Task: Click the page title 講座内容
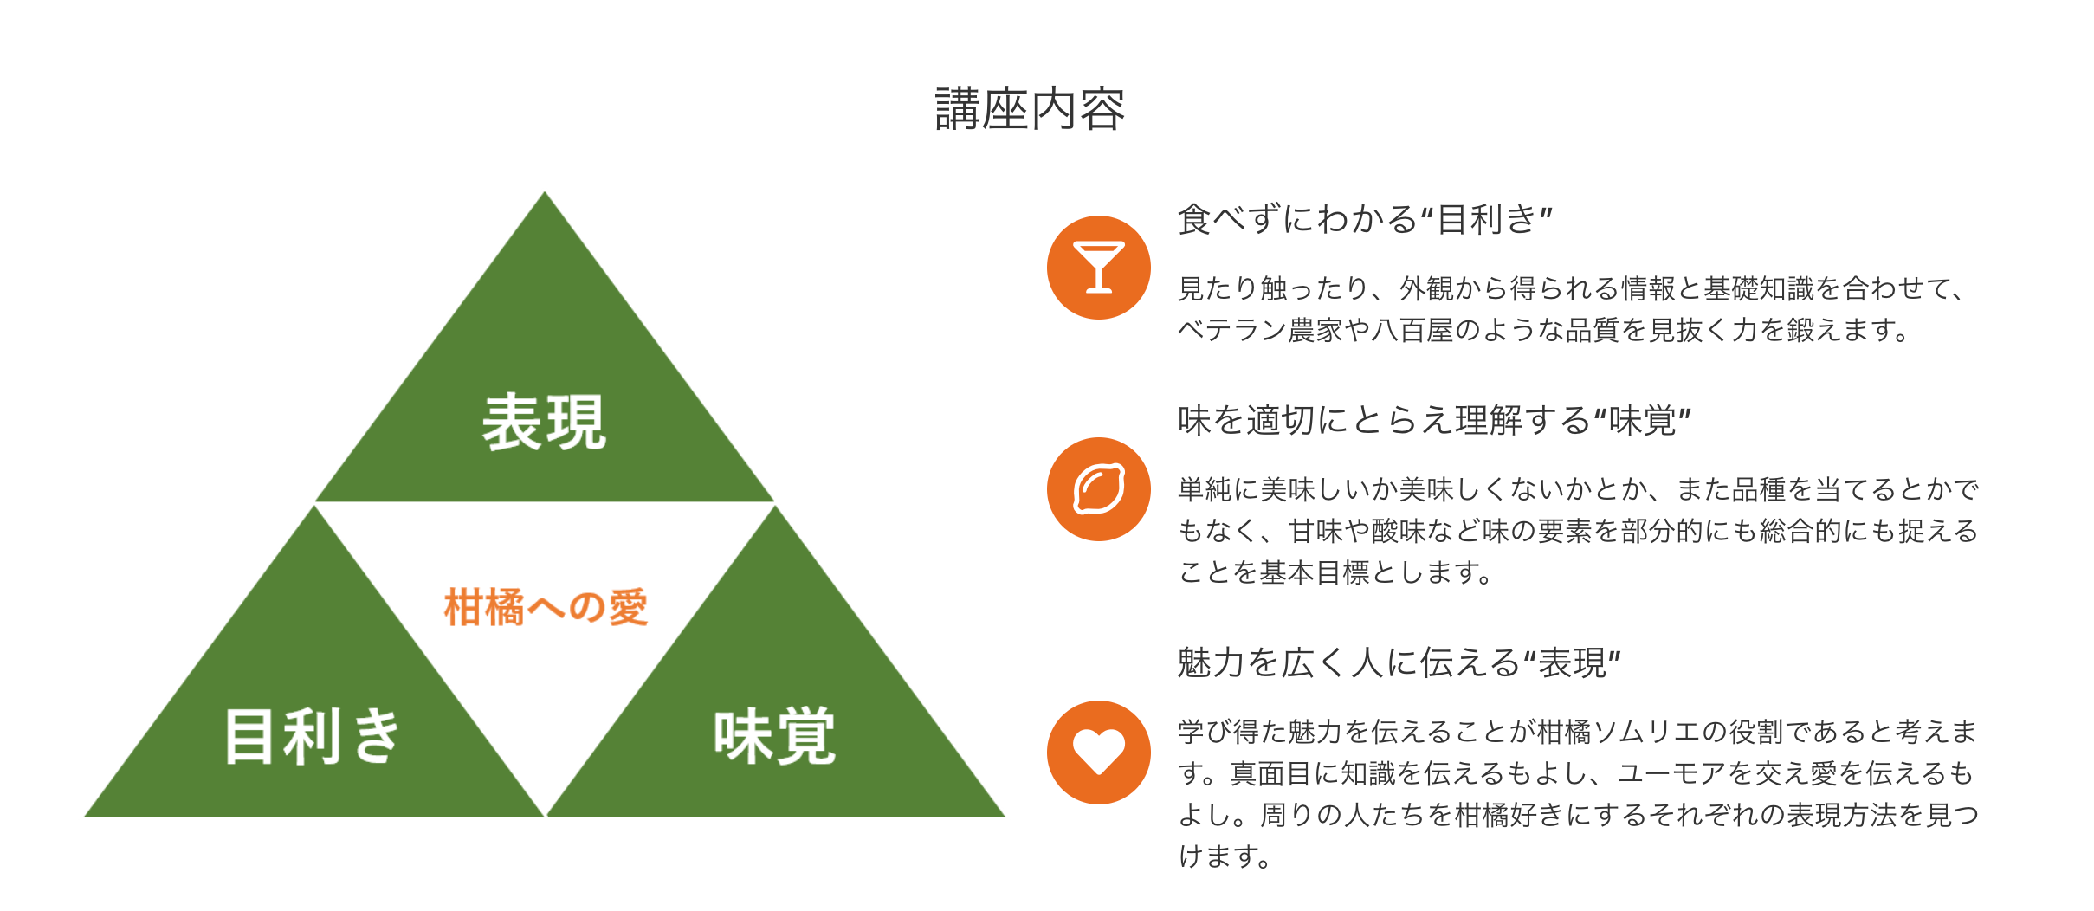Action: coord(1030,110)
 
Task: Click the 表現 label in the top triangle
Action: coord(544,423)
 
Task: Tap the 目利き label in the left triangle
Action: coord(313,736)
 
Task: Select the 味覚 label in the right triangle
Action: coord(774,736)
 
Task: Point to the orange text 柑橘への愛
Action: coord(546,607)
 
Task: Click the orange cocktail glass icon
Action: coord(1098,268)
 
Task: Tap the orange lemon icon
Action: coord(1098,489)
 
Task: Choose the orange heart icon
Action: coord(1098,753)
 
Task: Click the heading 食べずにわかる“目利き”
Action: coord(1365,220)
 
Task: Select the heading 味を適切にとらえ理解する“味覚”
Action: coord(1434,421)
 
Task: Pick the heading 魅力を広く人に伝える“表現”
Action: coord(1399,663)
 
